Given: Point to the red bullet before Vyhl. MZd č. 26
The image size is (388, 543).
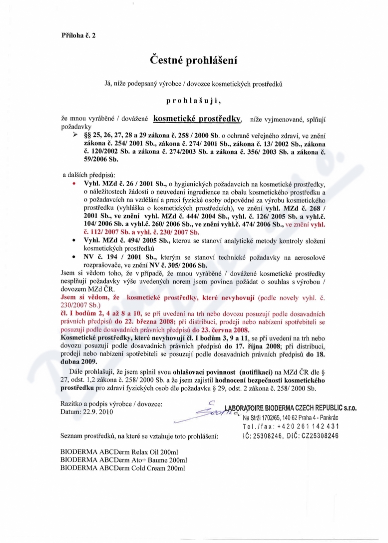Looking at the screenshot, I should click(x=74, y=183).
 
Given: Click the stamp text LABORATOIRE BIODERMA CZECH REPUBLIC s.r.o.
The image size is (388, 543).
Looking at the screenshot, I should click(x=290, y=408).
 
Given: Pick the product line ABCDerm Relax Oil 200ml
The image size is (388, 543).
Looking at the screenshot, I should click(x=122, y=451).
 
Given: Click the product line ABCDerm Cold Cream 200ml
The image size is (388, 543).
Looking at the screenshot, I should click(x=122, y=468).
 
